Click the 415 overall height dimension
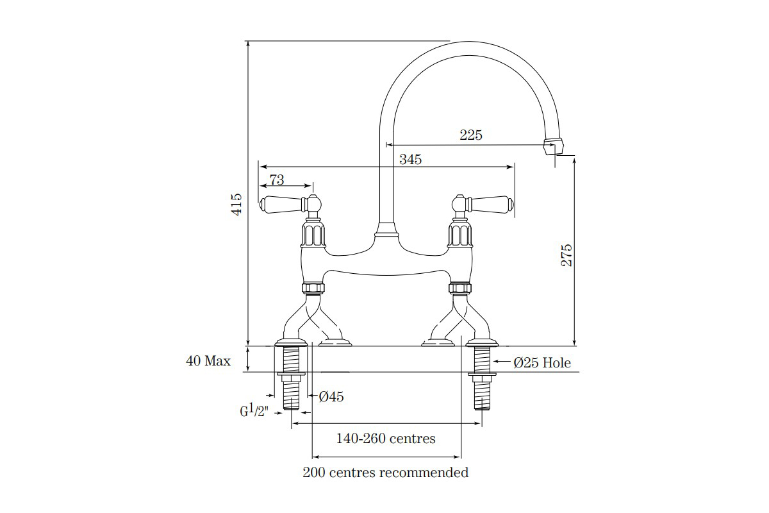pos(237,204)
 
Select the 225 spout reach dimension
pos(470,135)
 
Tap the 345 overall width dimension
pos(410,160)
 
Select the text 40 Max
pos(208,361)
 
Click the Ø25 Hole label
pos(542,363)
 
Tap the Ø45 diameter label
pos(331,397)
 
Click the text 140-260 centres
pos(386,439)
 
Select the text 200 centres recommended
pos(385,473)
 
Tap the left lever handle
pos(282,204)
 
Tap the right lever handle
pos(490,204)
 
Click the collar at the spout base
pos(386,230)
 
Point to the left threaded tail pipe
pos(292,378)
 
